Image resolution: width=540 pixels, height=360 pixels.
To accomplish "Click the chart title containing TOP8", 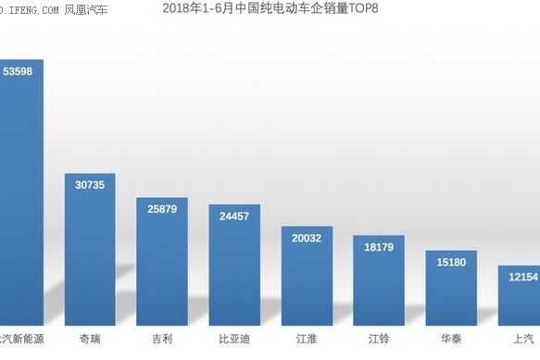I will coord(270,9).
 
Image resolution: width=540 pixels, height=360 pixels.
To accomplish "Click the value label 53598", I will coord(19,71).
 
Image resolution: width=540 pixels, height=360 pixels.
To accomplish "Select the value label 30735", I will coord(90,185).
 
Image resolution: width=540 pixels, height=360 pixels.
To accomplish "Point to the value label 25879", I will coord(161,209).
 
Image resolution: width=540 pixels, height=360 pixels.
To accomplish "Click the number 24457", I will coord(233,217).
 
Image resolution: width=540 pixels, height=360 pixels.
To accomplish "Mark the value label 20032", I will coord(307,238).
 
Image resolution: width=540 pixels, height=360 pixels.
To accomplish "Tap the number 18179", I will coord(378,247).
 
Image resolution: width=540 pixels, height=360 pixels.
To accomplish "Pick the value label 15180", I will coord(450,262).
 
